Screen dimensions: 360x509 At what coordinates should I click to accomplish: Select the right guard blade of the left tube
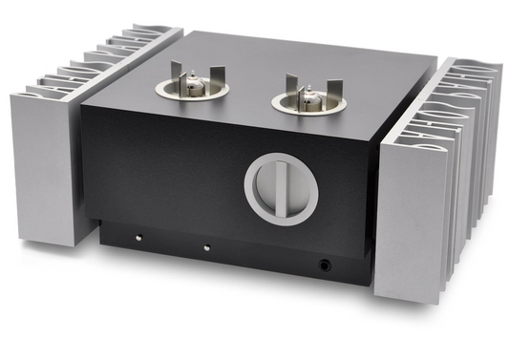point(214,76)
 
